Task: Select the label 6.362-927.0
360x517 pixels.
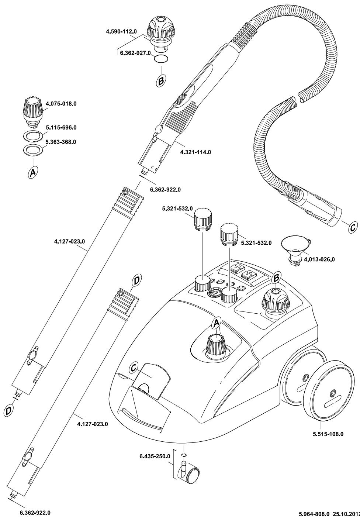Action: tap(136, 53)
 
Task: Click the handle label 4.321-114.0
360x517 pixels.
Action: tap(195, 152)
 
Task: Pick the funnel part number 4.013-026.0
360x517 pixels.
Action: tap(319, 259)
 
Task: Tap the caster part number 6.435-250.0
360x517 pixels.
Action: tap(155, 456)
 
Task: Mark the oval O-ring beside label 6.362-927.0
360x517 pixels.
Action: tap(161, 59)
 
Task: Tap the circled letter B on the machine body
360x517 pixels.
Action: tap(277, 276)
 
